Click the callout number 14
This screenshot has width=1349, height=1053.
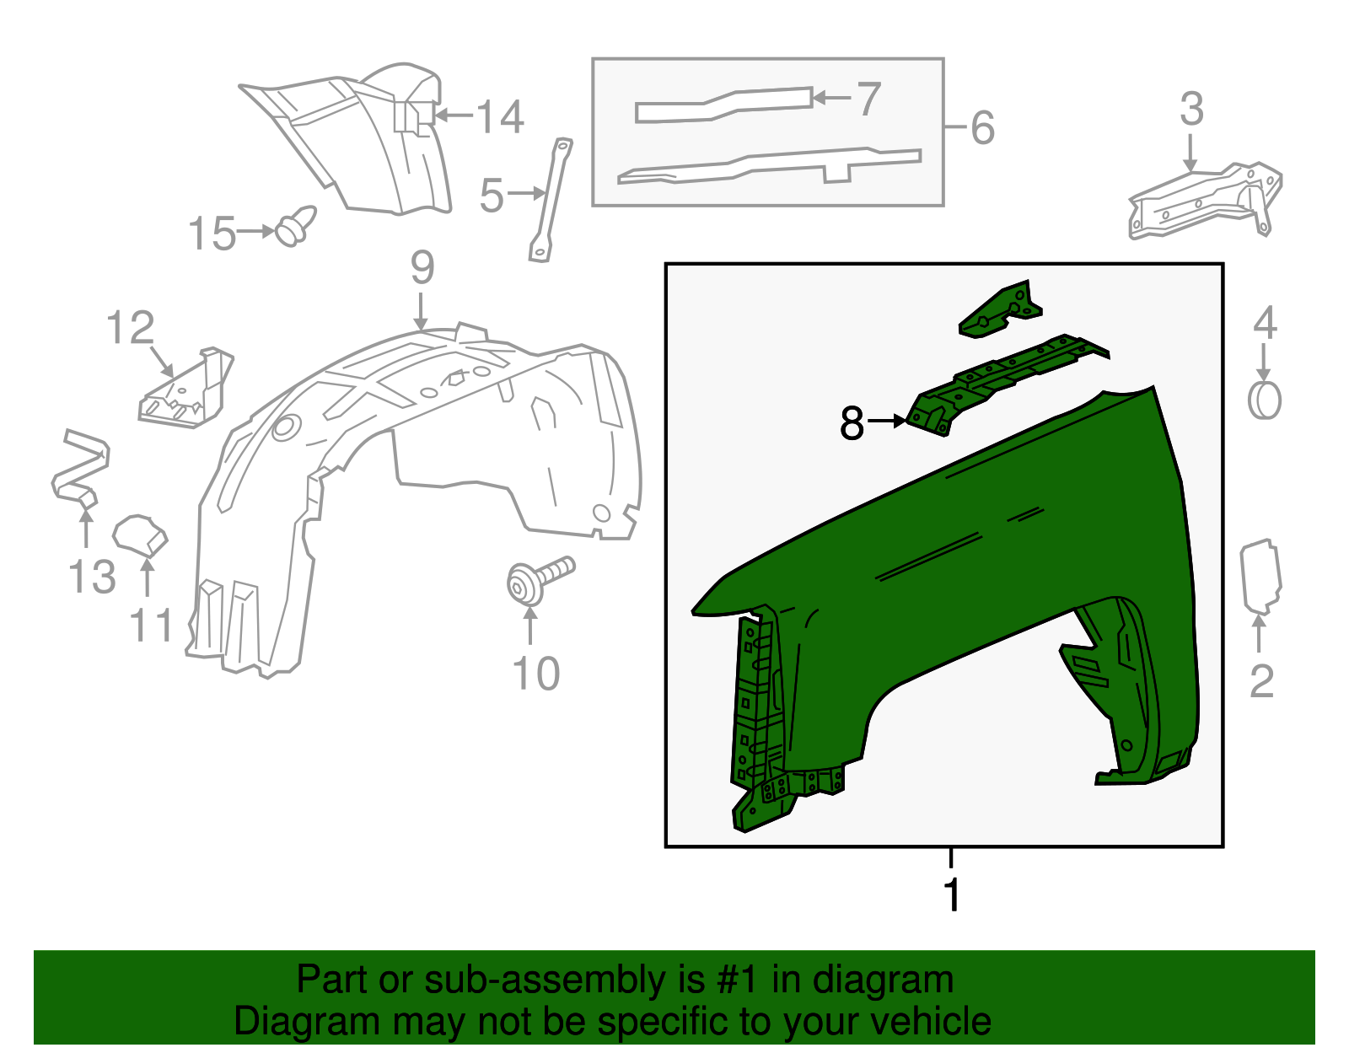click(501, 117)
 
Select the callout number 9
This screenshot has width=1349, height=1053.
click(422, 268)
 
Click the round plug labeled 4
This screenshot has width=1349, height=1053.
click(1264, 400)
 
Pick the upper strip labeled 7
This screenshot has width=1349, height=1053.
click(723, 104)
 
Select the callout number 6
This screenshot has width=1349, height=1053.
click(983, 128)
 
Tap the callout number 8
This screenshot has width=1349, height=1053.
click(852, 422)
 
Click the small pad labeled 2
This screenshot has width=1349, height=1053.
click(1260, 578)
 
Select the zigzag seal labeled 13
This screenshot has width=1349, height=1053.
click(78, 468)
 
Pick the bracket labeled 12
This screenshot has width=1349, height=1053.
click(185, 390)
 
